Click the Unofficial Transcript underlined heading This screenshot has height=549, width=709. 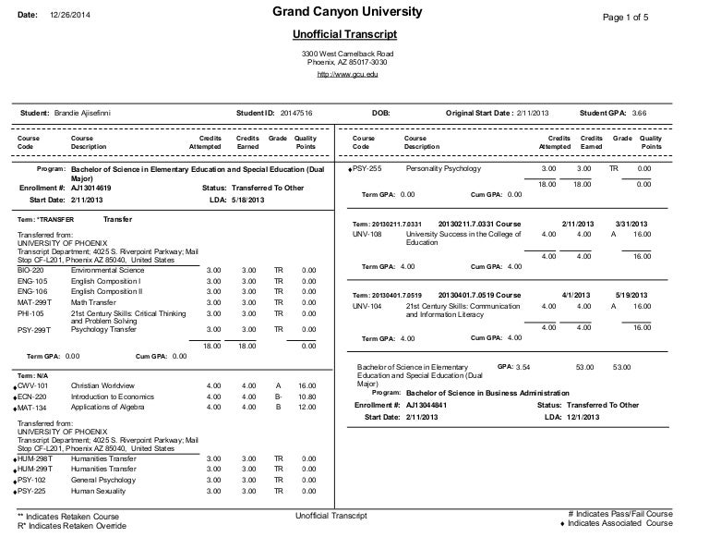point(344,35)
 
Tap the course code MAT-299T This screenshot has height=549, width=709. point(35,301)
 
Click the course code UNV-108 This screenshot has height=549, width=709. point(367,235)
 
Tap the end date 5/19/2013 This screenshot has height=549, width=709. point(631,295)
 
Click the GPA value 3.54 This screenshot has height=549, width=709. point(523,367)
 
